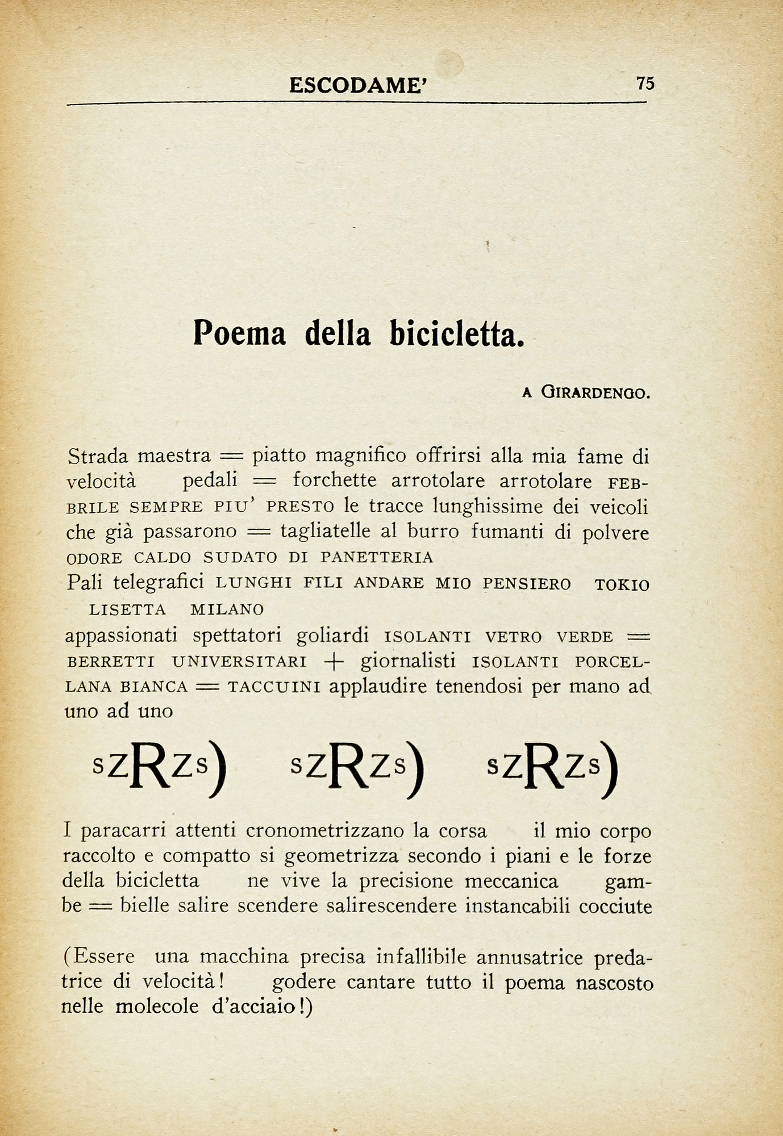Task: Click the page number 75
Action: [645, 83]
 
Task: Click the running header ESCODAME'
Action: [357, 85]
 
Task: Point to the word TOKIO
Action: [622, 586]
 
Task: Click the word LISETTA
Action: [128, 610]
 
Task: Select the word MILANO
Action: [227, 610]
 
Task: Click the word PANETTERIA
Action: [377, 558]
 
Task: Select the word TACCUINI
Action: [274, 687]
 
